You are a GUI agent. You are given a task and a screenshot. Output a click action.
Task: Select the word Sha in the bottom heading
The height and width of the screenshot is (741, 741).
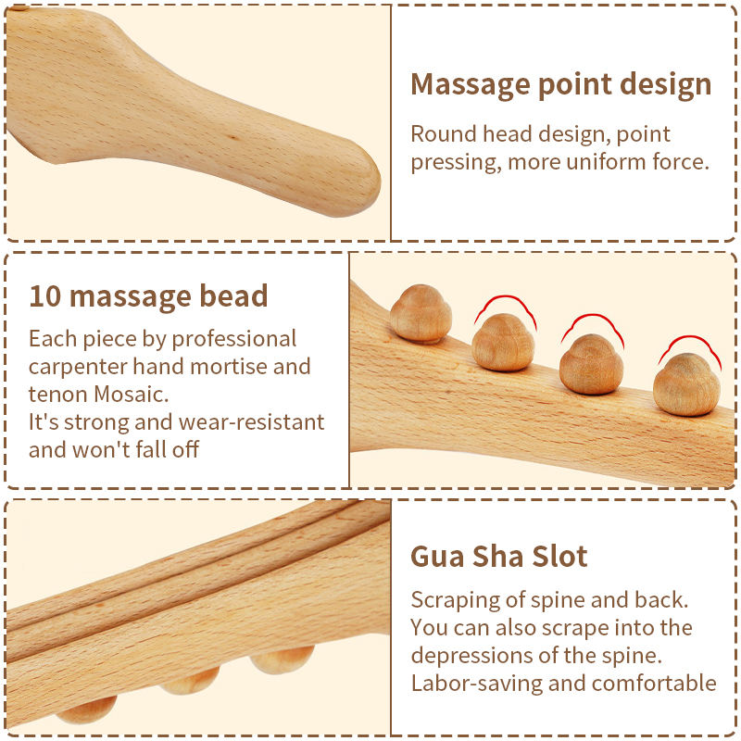pos(500,557)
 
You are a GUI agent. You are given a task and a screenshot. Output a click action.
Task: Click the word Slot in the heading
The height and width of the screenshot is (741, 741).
pos(559,557)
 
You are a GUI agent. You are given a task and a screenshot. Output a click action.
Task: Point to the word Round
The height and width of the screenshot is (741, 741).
pos(443,134)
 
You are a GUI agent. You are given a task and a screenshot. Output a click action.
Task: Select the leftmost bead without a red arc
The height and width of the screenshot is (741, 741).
pos(420,313)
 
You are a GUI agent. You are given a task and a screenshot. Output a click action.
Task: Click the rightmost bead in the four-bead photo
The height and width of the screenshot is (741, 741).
pos(685,384)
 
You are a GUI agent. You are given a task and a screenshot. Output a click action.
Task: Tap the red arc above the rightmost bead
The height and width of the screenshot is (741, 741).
pos(689,344)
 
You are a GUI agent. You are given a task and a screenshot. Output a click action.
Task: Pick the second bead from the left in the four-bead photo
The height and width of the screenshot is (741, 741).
pos(503,342)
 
